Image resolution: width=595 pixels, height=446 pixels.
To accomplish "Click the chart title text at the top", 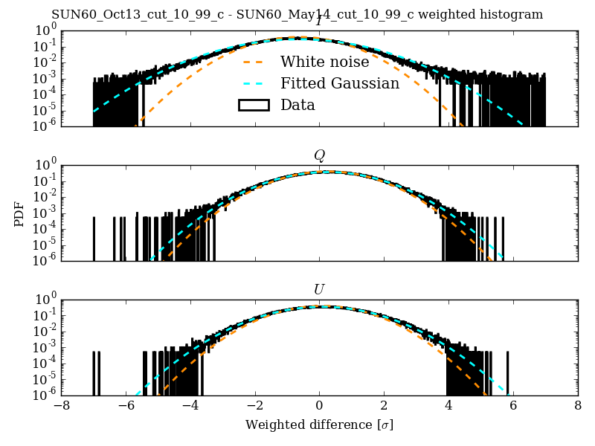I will [297, 15].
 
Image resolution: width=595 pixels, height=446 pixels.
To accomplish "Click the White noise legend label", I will [324, 62].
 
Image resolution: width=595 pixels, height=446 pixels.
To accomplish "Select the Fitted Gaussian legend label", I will [339, 83].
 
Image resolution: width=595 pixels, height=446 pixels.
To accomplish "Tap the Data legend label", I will [297, 105].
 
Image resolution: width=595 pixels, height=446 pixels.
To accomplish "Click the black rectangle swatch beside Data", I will [253, 105].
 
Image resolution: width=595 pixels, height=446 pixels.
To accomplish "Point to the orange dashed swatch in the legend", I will [253, 62].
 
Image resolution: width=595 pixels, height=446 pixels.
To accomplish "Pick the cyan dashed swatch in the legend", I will [253, 83].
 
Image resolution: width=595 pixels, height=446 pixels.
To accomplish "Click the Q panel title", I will [319, 155].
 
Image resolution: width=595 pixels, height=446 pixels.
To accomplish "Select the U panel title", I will [319, 289].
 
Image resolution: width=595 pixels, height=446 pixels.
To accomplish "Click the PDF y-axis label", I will [20, 213].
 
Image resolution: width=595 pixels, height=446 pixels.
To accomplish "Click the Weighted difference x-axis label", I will [319, 425].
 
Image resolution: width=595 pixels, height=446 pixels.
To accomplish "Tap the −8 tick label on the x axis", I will [62, 407].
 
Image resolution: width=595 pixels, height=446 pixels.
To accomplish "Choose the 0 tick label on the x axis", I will [319, 407].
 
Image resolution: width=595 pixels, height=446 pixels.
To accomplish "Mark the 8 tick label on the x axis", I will [578, 407].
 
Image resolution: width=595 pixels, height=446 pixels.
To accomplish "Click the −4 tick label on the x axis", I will [190, 407].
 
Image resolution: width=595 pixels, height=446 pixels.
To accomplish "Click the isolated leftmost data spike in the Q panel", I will [94, 238].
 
